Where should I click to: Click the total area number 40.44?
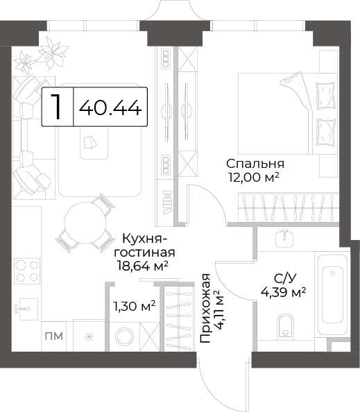(x=110, y=108)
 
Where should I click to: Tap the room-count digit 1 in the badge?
(x=56, y=106)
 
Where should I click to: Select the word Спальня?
(x=255, y=164)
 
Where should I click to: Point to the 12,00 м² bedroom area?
(x=254, y=178)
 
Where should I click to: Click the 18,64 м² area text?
(x=143, y=266)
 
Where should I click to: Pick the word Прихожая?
(x=205, y=308)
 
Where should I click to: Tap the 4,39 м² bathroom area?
(x=283, y=291)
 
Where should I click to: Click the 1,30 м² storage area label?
(x=134, y=306)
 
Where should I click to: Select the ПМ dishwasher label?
(x=54, y=336)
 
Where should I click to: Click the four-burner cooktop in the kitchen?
(x=27, y=271)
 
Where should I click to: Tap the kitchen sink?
(x=26, y=309)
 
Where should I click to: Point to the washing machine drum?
(x=124, y=336)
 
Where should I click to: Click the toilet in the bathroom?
(x=285, y=325)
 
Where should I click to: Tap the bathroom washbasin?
(x=284, y=238)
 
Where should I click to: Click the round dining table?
(x=85, y=223)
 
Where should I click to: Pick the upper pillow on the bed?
(x=326, y=96)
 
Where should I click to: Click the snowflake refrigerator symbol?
(x=89, y=336)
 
